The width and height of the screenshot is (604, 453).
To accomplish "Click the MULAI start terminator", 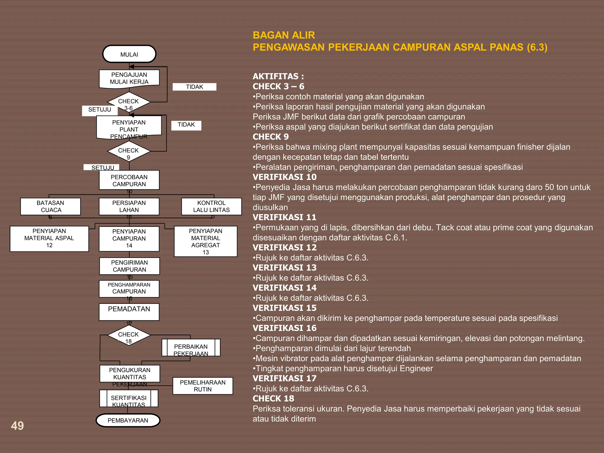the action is tap(129, 54).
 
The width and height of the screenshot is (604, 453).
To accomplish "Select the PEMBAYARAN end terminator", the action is tap(128, 420).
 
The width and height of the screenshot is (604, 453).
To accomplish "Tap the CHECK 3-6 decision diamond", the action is tap(129, 102).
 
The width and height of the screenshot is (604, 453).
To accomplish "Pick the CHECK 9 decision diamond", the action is tap(129, 151).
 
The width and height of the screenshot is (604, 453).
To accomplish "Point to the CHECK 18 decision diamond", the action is tap(129, 335).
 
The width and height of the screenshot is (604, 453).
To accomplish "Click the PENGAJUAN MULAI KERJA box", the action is tap(129, 78).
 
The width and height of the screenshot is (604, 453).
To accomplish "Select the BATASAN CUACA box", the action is tap(50, 206).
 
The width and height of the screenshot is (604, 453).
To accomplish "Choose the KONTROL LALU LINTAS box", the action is tap(211, 206).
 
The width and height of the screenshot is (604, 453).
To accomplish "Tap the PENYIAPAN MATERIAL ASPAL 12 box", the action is tap(49, 239).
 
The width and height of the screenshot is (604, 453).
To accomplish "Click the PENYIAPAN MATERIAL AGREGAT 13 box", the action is tap(206, 241).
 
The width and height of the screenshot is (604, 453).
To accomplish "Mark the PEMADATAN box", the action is tap(129, 312).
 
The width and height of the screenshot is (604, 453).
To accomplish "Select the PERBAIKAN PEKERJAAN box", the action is tap(191, 347).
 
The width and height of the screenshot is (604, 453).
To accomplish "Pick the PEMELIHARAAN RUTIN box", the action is tap(203, 386).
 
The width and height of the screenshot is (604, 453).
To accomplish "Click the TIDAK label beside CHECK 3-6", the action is tap(194, 87).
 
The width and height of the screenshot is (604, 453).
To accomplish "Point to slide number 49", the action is tap(17, 426).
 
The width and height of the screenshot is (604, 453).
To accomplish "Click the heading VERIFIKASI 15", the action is tap(284, 308).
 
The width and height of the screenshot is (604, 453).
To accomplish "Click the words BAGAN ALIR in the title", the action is tap(284, 35).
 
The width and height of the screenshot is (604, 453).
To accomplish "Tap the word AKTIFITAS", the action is tap(276, 76).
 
